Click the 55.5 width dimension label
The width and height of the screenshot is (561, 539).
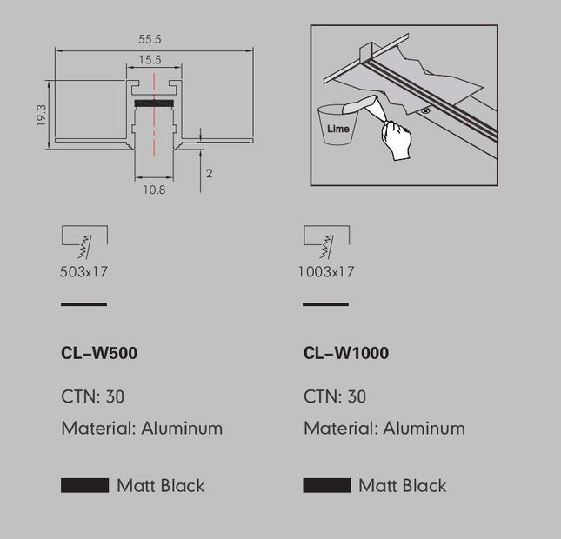pyautogui.click(x=150, y=39)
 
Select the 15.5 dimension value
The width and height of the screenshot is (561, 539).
pyautogui.click(x=150, y=60)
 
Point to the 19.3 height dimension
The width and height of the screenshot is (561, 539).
pyautogui.click(x=42, y=115)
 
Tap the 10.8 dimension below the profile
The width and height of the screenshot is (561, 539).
pyautogui.click(x=154, y=190)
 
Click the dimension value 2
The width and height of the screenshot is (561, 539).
pyautogui.click(x=210, y=174)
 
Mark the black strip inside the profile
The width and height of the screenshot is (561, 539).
pyautogui.click(x=154, y=103)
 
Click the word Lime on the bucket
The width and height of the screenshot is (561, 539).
pyautogui.click(x=338, y=129)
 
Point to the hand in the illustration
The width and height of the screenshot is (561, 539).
pyautogui.click(x=397, y=140)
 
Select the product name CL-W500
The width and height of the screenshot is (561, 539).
pyautogui.click(x=99, y=353)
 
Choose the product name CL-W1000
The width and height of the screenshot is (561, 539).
pyautogui.click(x=346, y=353)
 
